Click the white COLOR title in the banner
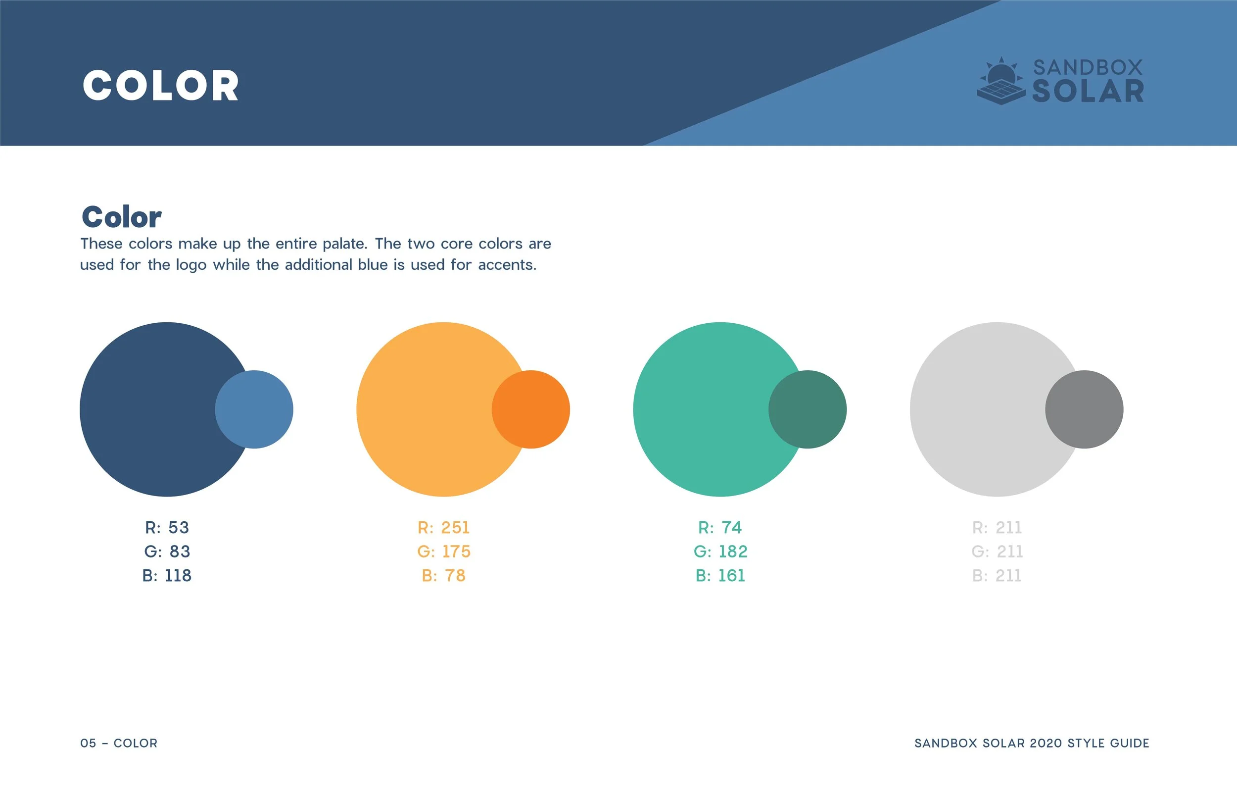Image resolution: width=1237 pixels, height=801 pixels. click(161, 85)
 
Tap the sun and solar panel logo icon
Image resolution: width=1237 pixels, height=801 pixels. click(1001, 82)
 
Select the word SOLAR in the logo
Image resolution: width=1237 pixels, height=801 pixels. click(1088, 92)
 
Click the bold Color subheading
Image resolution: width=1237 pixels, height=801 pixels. click(122, 217)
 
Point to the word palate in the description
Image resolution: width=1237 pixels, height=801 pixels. click(344, 244)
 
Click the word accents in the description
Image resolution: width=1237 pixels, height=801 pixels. click(507, 265)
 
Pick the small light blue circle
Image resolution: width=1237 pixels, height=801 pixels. click(254, 409)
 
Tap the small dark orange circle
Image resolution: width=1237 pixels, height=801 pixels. click(530, 409)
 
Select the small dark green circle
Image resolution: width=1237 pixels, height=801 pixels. click(807, 409)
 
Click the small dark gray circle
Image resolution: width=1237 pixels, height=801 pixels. click(1084, 409)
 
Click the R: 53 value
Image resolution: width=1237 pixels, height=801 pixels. click(167, 527)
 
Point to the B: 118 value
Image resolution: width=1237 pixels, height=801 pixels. click(167, 576)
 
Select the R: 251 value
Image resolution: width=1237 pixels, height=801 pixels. click(443, 527)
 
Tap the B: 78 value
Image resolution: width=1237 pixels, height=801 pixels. click(443, 576)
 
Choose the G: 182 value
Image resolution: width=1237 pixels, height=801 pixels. click(720, 551)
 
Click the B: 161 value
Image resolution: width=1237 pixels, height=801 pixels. click(720, 576)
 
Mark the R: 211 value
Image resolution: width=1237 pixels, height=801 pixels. click(997, 527)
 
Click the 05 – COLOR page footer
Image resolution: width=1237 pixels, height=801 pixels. click(118, 743)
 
